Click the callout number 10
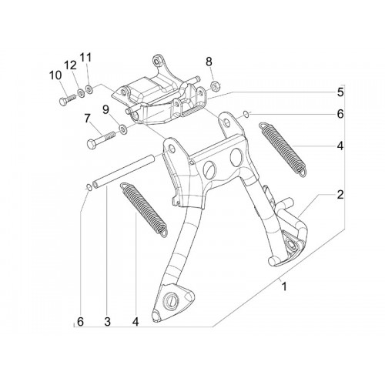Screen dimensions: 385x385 point(55,75)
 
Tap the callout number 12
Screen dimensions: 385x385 point(70,65)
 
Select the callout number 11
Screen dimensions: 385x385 point(85,58)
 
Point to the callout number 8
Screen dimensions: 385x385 point(209,62)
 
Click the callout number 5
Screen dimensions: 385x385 point(340,92)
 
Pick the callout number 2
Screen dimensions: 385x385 point(340,195)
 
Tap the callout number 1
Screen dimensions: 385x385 point(283,286)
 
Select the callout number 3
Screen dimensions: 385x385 point(107,321)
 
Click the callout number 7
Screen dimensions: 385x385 point(87,119)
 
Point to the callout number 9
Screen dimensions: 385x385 point(105,110)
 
